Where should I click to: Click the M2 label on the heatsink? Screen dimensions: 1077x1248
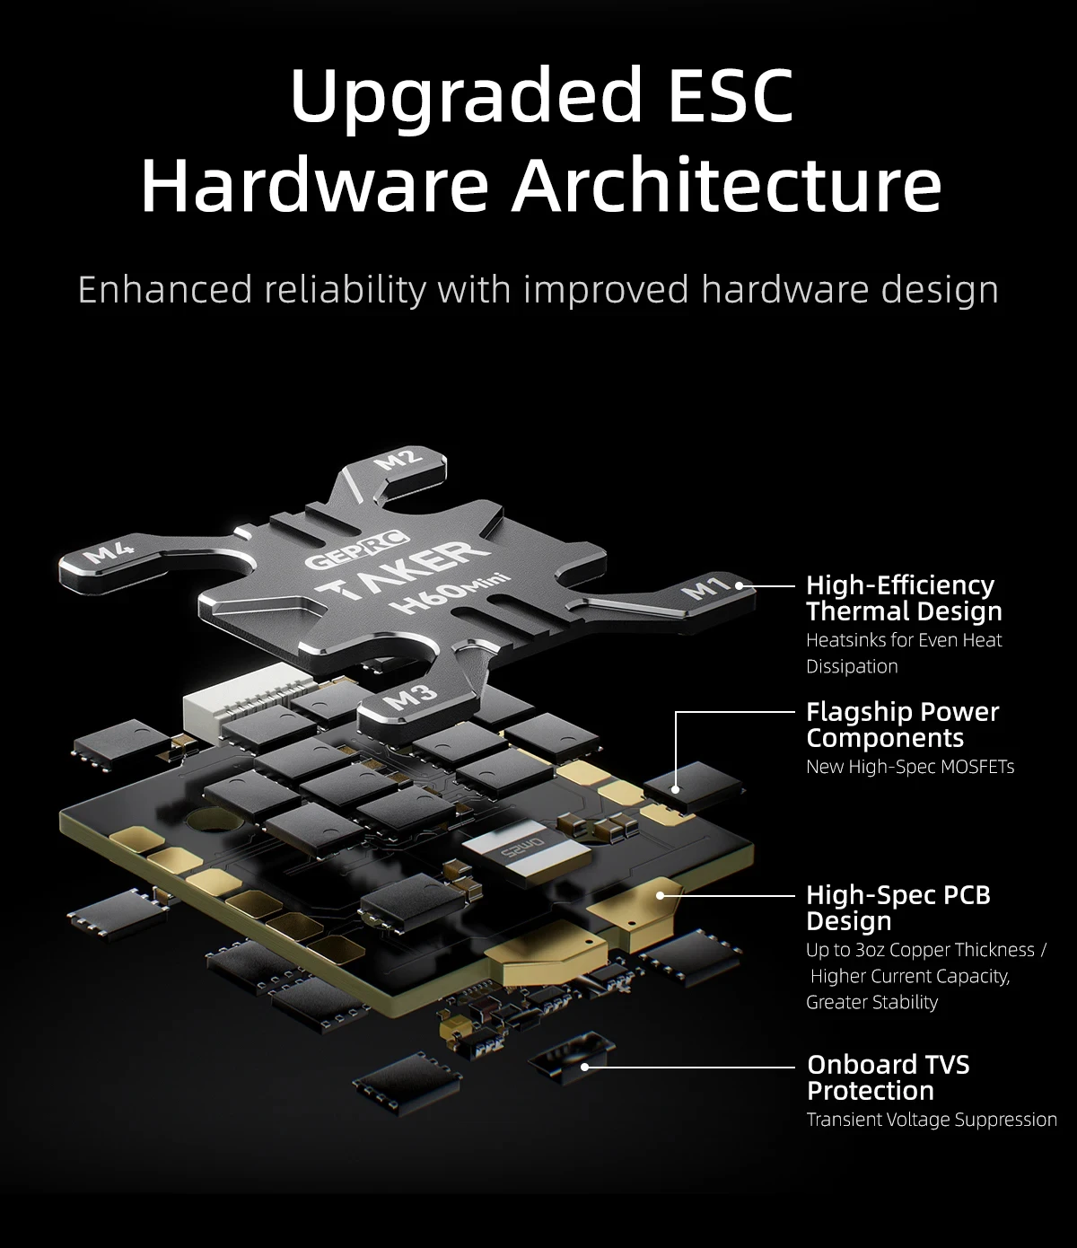click(398, 461)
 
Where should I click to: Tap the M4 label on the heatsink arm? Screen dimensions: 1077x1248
click(108, 552)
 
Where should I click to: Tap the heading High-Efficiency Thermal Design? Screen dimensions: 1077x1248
click(904, 598)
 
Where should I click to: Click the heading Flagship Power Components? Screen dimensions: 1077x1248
click(903, 725)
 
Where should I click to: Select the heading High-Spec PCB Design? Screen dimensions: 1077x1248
click(898, 908)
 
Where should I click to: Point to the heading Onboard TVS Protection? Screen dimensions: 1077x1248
click(888, 1077)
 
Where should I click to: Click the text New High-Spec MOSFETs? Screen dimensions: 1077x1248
click(910, 767)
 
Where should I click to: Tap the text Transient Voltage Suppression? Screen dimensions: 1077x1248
click(932, 1120)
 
